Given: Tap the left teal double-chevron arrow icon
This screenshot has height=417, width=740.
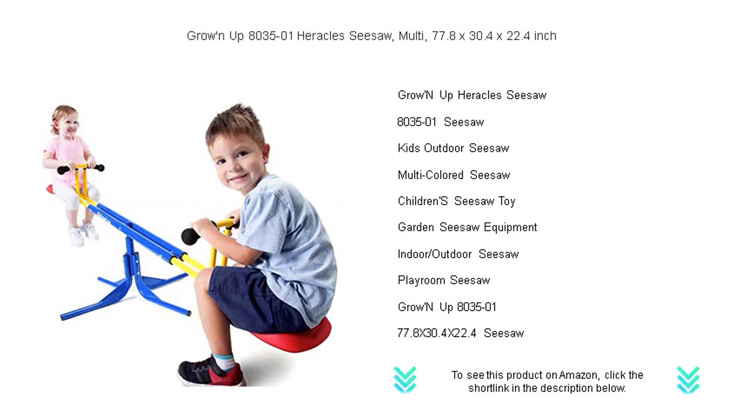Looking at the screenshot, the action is pos(405,380).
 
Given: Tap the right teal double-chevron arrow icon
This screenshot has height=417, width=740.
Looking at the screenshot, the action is pos(688,380).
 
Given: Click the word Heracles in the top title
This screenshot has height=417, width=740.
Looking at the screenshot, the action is pos(321,36).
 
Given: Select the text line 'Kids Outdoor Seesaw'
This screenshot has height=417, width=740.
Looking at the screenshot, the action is pos(453,148).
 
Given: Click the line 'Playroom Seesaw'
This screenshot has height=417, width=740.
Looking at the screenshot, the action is pos(444,280).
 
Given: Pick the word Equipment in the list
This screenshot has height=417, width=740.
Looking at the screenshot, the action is pos(510,227).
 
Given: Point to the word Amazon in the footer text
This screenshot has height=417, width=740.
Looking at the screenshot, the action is pos(578,375).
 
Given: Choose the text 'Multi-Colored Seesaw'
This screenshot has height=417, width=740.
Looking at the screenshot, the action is pos(454,175).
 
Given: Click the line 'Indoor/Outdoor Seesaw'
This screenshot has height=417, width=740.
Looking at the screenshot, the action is pos(458,254).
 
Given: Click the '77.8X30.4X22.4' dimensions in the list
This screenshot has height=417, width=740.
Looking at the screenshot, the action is pos(437,333).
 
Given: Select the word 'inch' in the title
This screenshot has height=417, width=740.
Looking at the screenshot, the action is pos(545,36).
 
